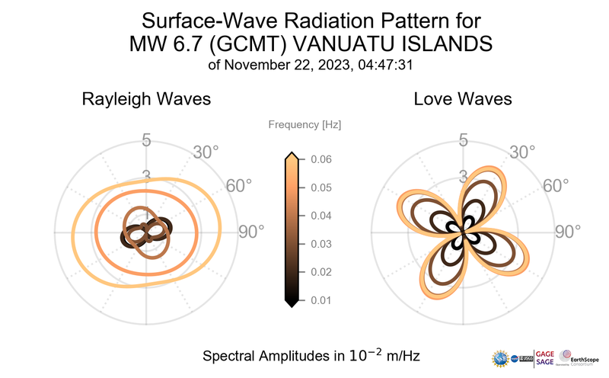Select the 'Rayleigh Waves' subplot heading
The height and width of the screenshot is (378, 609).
[x=146, y=100]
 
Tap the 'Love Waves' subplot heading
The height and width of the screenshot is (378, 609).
[x=462, y=100]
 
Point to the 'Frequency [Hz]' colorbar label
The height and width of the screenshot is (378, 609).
[x=304, y=124]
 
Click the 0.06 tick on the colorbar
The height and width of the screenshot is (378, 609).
[x=320, y=159]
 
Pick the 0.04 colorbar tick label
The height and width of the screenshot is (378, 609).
[x=320, y=216]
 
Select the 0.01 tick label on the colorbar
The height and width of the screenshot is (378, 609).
[x=320, y=300]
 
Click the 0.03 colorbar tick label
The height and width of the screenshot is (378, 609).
[x=320, y=244]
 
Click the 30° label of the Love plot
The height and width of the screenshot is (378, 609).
[x=522, y=152]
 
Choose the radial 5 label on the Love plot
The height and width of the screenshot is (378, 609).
[x=462, y=141]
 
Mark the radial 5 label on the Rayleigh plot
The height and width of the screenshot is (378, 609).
[x=145, y=141]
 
